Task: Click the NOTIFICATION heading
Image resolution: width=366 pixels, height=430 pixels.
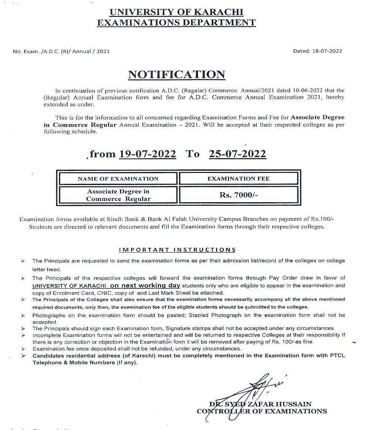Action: click(176, 74)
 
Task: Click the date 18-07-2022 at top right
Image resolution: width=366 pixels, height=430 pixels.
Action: click(326, 51)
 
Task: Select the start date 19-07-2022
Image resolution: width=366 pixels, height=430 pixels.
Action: click(147, 154)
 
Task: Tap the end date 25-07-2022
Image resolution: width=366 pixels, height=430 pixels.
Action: click(237, 154)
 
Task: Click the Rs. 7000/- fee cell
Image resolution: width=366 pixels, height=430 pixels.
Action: click(238, 195)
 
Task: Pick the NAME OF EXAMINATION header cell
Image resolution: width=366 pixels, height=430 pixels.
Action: click(118, 179)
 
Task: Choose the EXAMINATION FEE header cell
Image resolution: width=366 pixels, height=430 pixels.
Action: click(238, 179)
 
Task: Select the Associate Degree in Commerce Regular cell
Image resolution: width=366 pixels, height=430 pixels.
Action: click(118, 195)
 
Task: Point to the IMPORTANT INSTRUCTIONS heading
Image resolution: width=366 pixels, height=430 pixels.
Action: click(177, 250)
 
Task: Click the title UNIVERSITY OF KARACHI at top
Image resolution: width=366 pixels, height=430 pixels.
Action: click(176, 12)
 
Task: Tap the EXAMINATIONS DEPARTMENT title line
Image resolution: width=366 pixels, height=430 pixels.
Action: click(176, 23)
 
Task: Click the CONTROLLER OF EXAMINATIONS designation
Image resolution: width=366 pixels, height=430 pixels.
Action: click(262, 411)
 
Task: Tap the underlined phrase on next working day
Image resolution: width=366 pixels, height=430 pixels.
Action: click(145, 285)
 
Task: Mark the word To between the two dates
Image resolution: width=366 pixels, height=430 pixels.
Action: click(192, 154)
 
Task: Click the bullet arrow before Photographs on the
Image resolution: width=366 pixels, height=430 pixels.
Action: click(23, 315)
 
